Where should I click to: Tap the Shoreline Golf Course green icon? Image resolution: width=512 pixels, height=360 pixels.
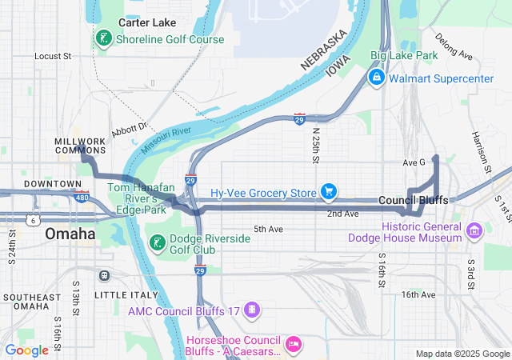(x=103, y=38)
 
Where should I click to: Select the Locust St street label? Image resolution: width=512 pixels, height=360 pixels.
(x=53, y=57)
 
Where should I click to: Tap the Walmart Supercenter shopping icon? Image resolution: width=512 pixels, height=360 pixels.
(x=375, y=78)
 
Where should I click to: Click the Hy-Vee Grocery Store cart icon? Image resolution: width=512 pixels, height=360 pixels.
(x=328, y=192)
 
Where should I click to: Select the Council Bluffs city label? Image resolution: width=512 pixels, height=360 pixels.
(x=413, y=200)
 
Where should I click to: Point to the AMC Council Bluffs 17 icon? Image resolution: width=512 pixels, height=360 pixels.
(x=252, y=310)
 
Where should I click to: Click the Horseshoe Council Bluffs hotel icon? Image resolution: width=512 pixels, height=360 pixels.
(x=293, y=343)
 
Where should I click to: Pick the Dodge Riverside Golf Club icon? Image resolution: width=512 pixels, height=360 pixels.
(x=158, y=242)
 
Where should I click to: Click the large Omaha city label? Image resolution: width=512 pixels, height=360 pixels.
(x=70, y=234)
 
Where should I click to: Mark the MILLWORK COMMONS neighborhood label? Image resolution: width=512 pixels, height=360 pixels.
(x=80, y=146)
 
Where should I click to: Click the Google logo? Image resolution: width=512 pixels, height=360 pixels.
(x=27, y=350)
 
